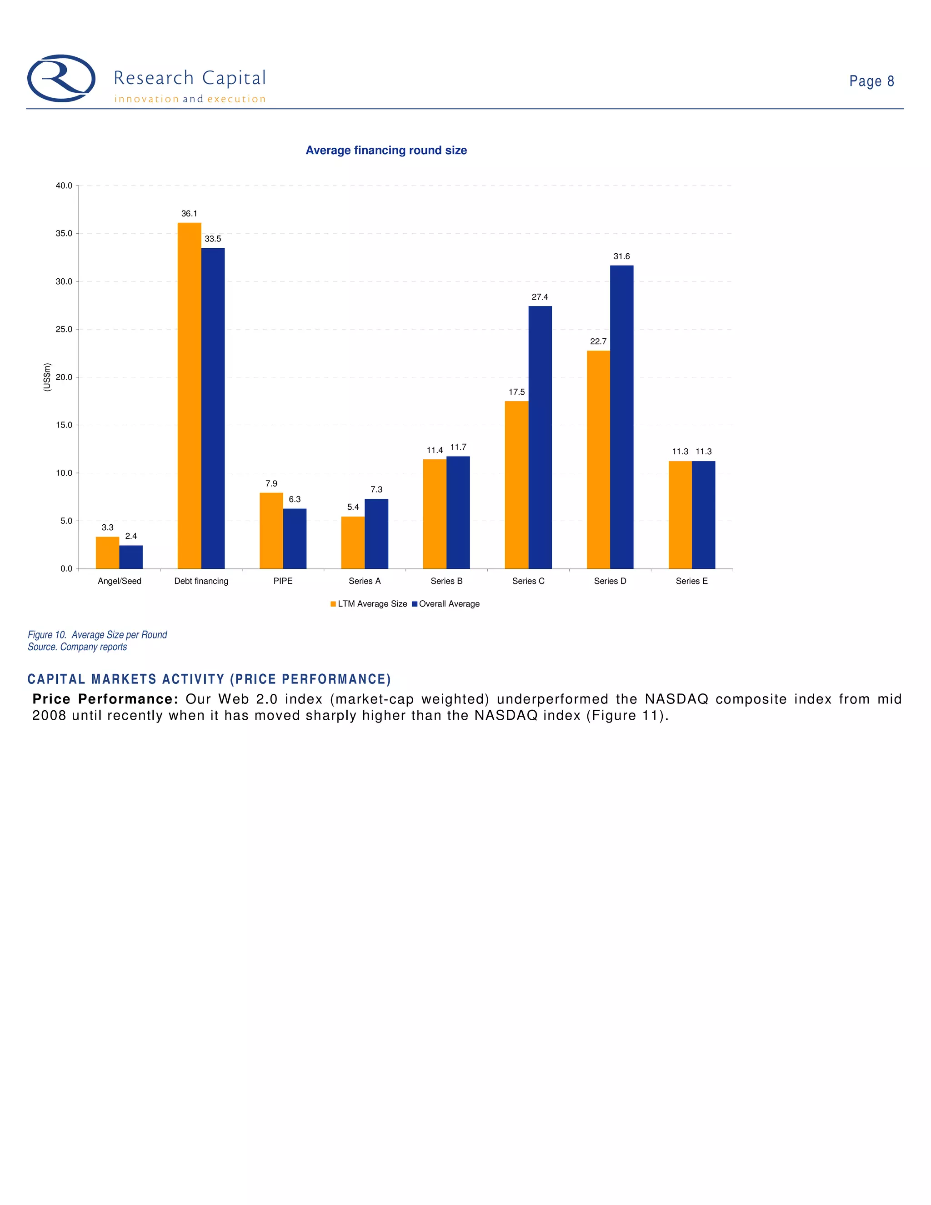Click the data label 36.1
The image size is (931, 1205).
pyautogui.click(x=189, y=214)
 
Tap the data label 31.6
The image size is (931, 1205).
pyautogui.click(x=621, y=256)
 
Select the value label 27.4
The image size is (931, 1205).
pyautogui.click(x=540, y=297)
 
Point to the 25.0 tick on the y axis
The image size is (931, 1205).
pyautogui.click(x=64, y=329)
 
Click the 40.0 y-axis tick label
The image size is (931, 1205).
pyautogui.click(x=64, y=186)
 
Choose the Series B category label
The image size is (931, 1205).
pyautogui.click(x=447, y=581)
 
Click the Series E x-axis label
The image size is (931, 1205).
pyautogui.click(x=691, y=581)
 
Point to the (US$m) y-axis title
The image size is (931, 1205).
pyautogui.click(x=47, y=377)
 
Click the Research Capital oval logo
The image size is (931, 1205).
pyautogui.click(x=61, y=78)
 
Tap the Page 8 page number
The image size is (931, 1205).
pyautogui.click(x=871, y=81)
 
